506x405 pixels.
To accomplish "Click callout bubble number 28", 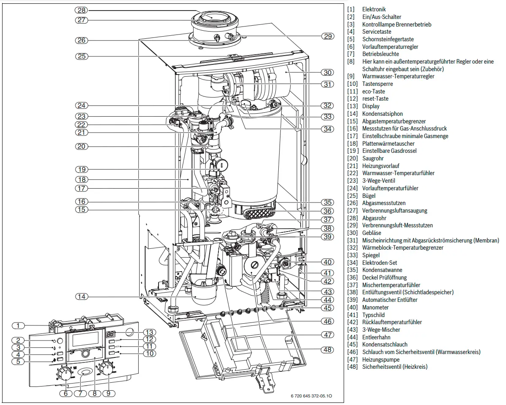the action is pos(81,11).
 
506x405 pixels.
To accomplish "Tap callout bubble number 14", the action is pos(81,296).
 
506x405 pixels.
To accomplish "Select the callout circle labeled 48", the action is pos(328,349).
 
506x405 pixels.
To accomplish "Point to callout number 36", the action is pos(328,211).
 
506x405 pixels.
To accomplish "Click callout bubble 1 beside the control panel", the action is pos(18,326).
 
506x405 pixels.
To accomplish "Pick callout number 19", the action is pos(81,169).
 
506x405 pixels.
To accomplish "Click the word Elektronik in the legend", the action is pos(374,9).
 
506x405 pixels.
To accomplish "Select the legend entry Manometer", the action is pos(375,307).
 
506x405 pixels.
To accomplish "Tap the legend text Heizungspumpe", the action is pos(381,360).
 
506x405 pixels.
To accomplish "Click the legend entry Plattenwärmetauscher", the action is pos(388,144).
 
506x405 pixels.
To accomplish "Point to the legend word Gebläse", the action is pos(371,233).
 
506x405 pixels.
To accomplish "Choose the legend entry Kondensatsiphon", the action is pos(382,114).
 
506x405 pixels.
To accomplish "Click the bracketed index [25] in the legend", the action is pos(352,196).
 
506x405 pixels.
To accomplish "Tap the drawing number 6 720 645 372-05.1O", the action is pos(311,396).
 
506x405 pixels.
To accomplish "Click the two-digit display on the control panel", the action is pos(110,334).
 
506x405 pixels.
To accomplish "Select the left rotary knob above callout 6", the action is pos(64,373).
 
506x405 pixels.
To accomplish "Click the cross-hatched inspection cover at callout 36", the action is pos(258,213).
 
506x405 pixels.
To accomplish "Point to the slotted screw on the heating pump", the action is pos(255,265).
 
